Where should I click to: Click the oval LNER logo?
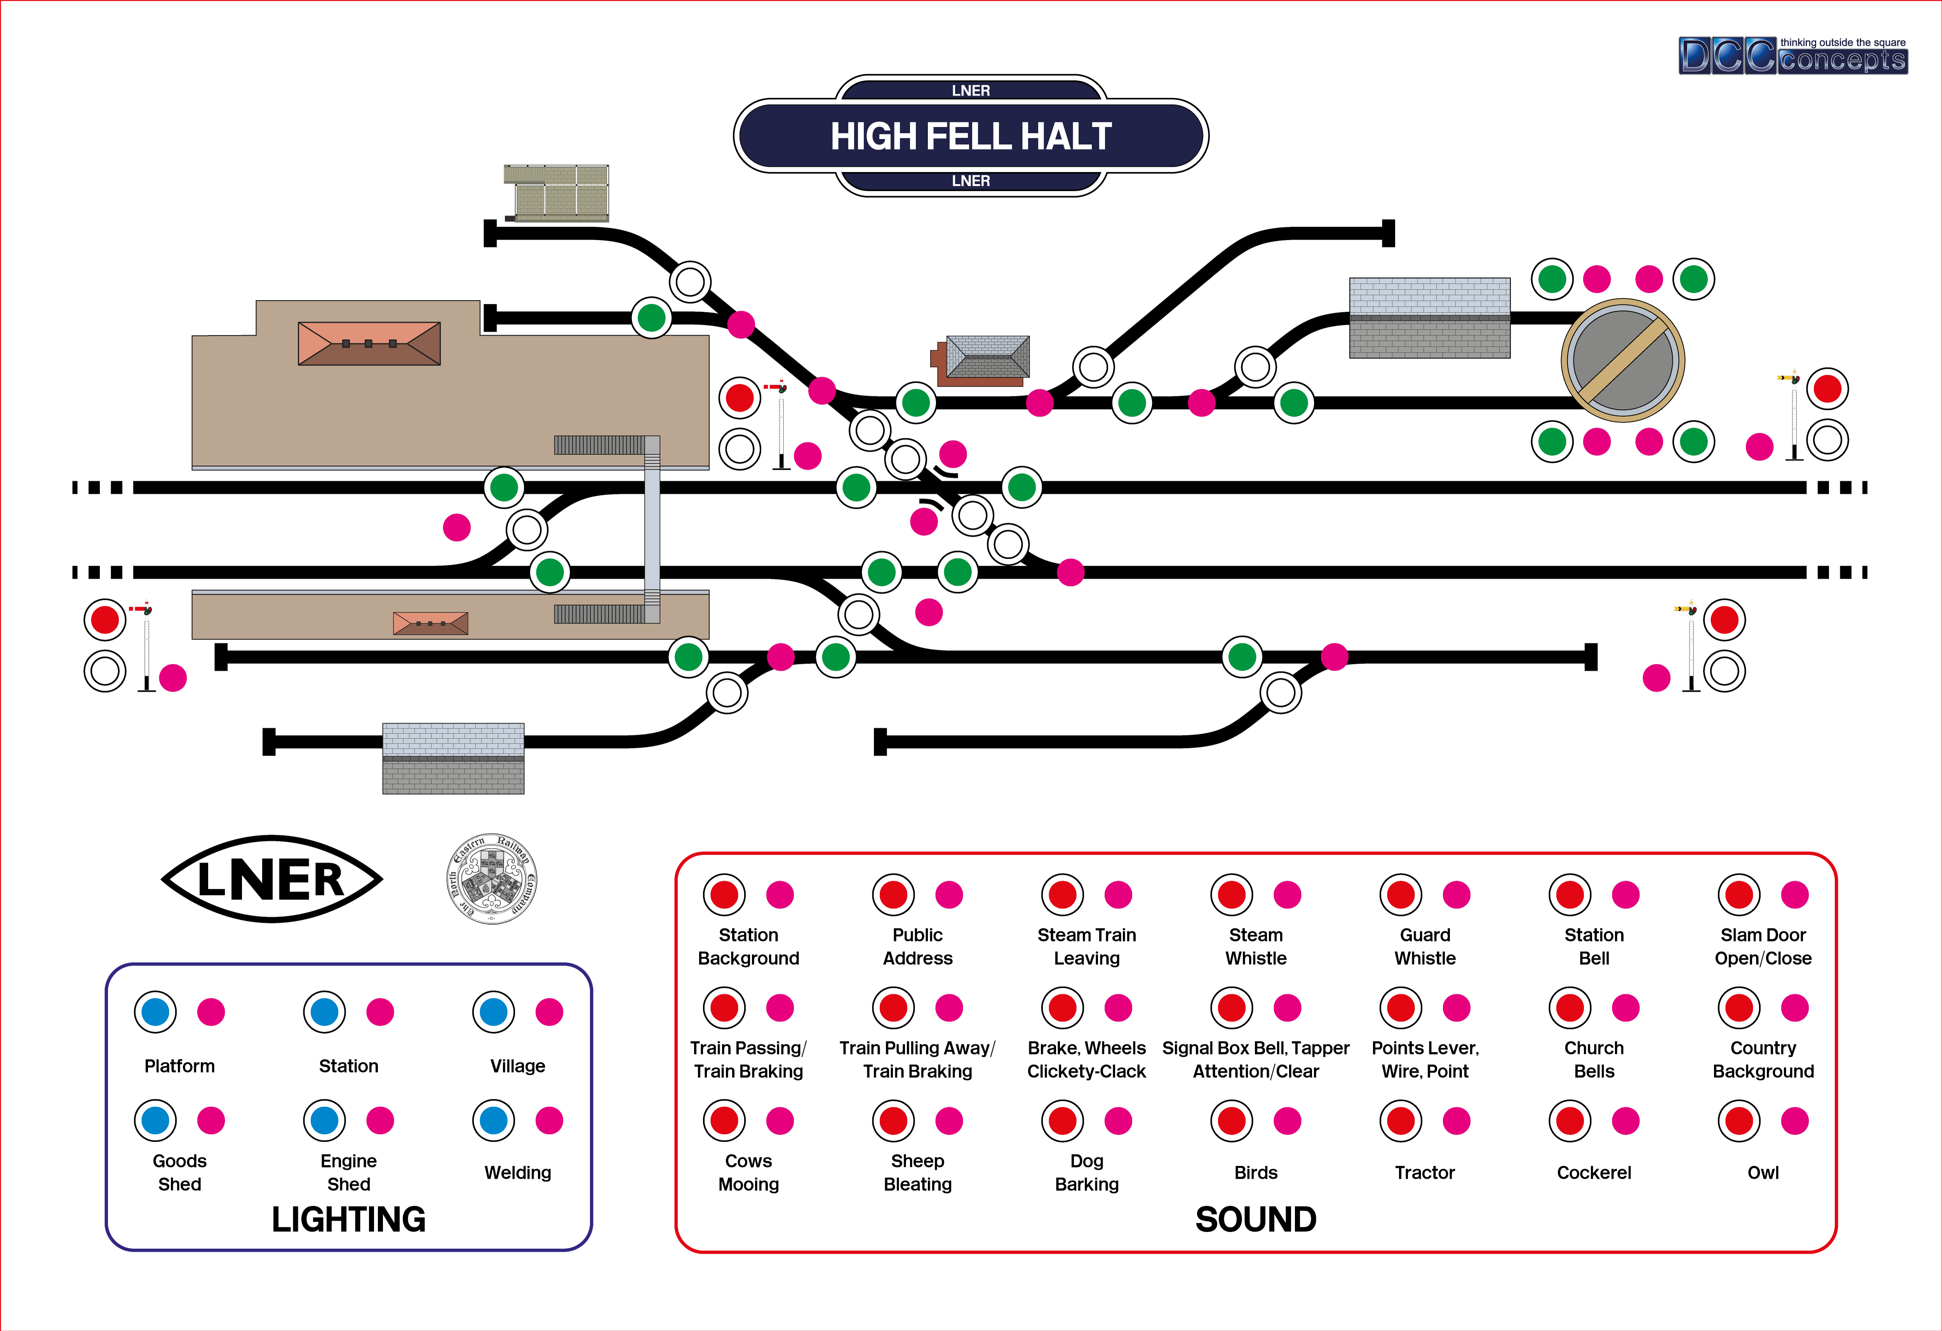271,879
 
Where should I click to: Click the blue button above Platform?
155,1012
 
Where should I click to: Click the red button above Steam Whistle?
1232,895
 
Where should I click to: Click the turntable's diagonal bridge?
1623,360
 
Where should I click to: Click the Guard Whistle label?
1425,947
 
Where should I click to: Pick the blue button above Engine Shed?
324,1121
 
